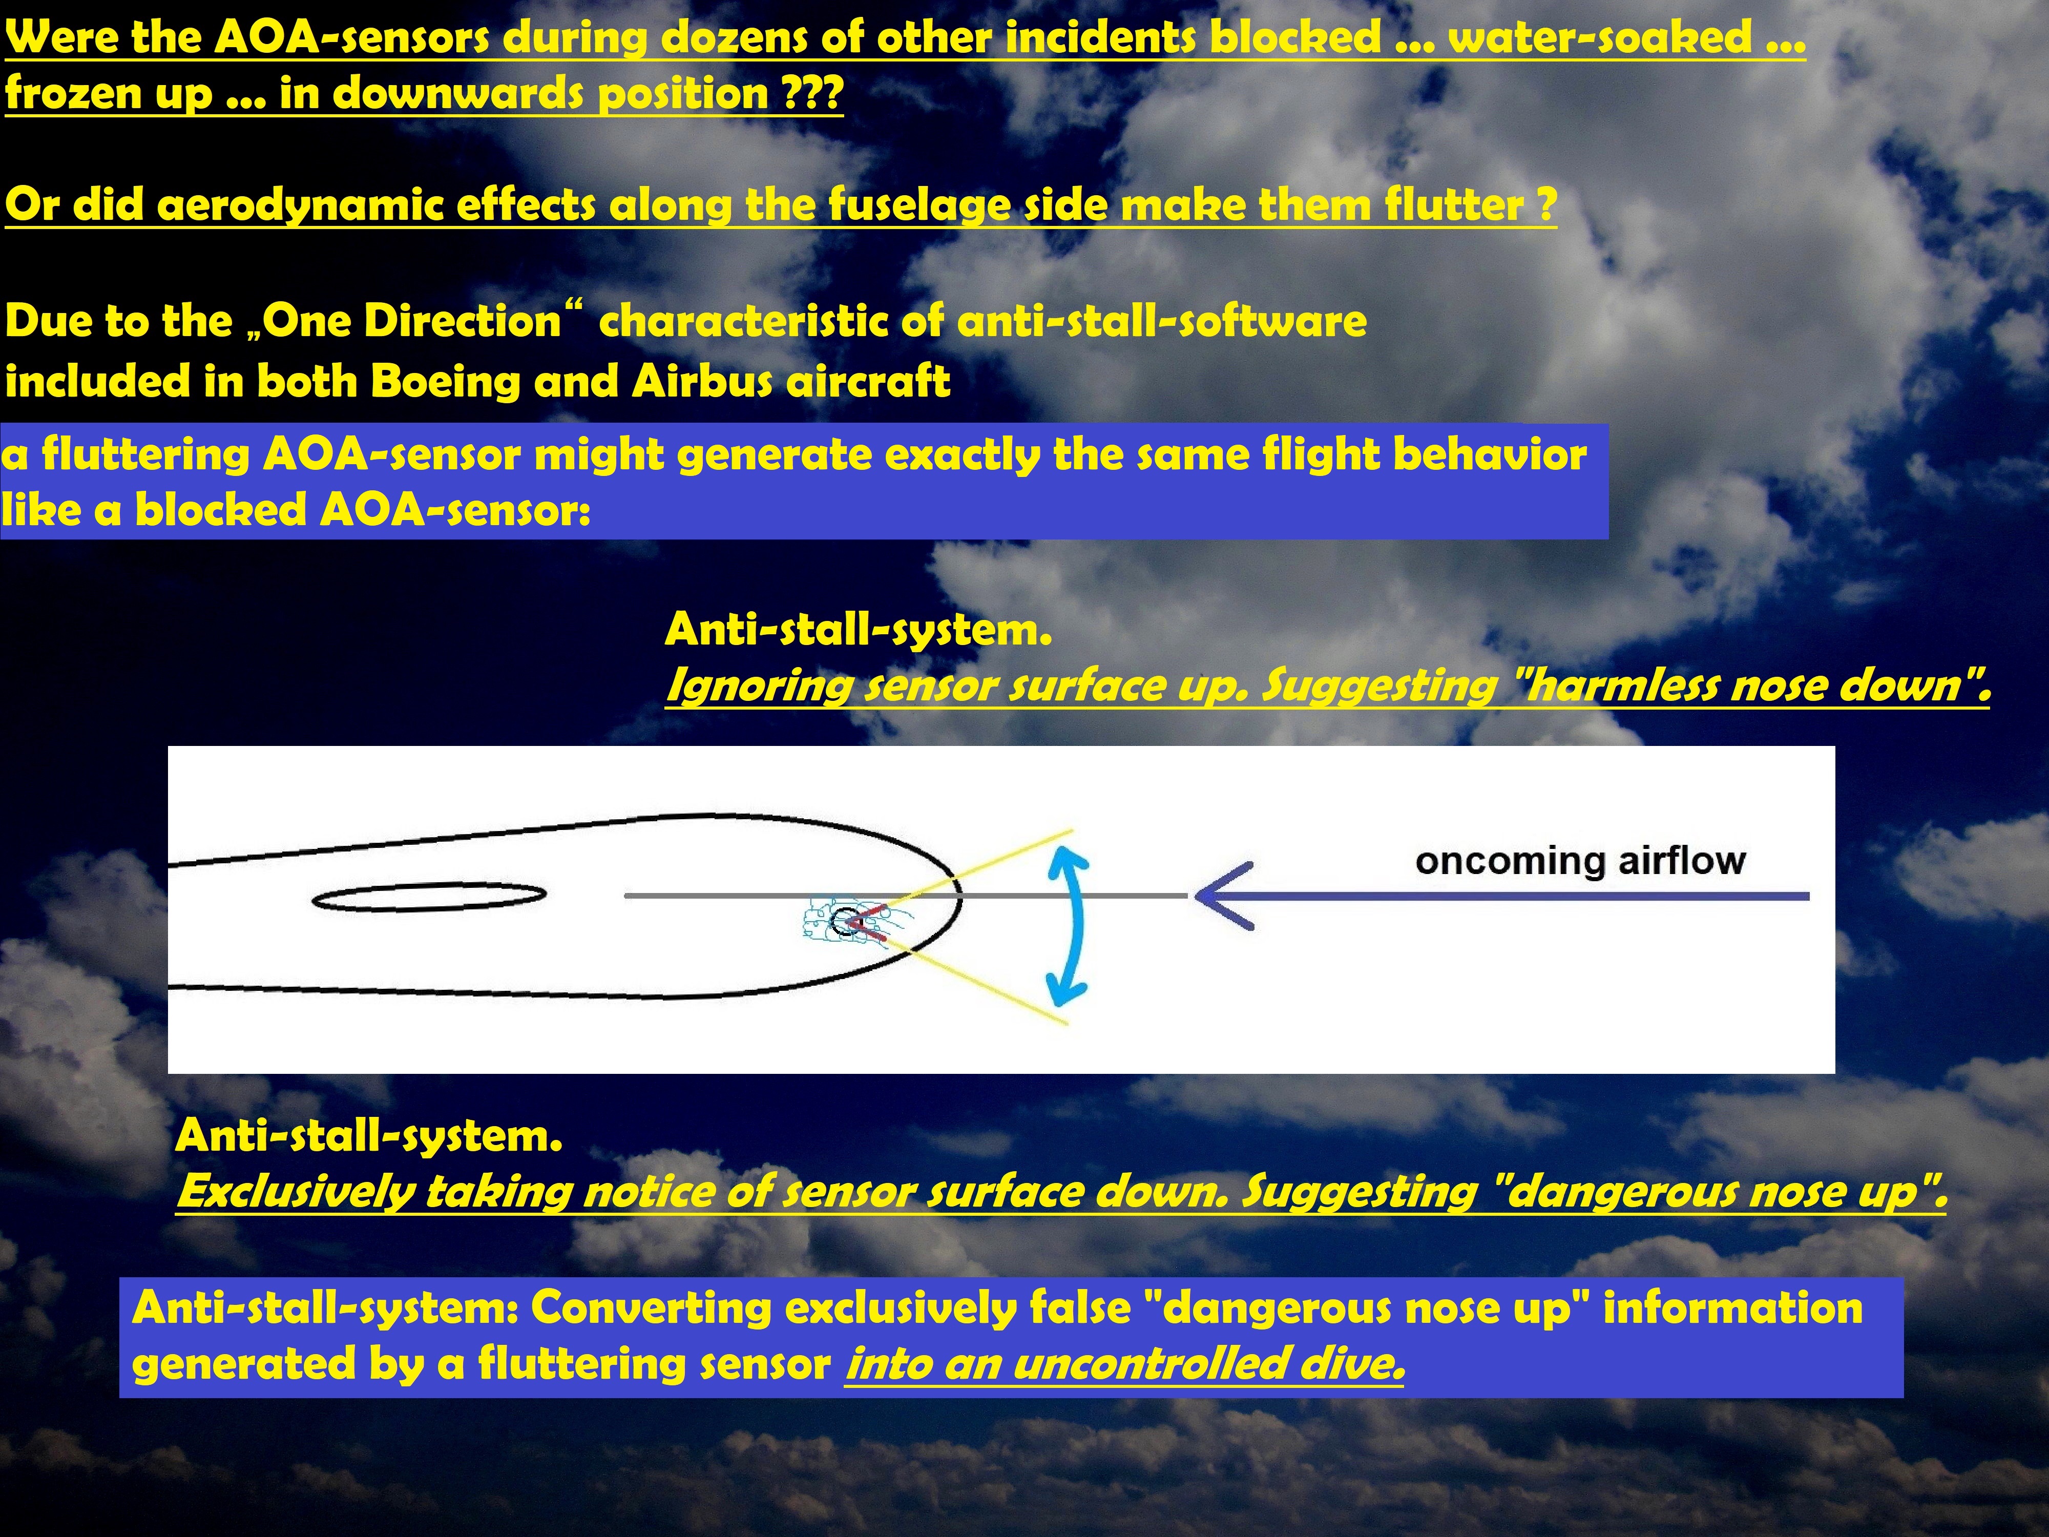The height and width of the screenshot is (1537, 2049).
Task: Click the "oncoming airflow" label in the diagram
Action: (x=1580, y=861)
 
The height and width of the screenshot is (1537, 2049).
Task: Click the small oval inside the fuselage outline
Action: (x=429, y=896)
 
